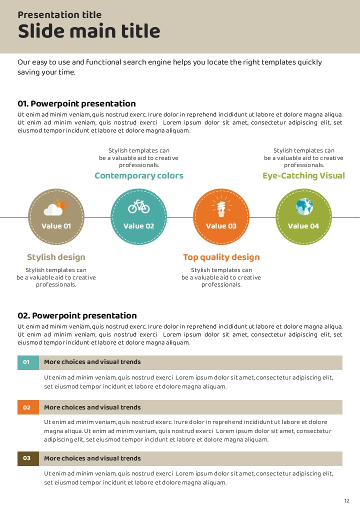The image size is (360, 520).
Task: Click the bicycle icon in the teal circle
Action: (x=138, y=206)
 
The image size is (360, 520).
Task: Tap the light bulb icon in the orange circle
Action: (x=221, y=206)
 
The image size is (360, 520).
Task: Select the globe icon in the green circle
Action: (x=304, y=206)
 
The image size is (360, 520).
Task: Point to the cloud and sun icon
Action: (x=56, y=207)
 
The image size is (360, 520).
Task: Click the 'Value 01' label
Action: (x=56, y=226)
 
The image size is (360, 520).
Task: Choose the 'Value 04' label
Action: (x=303, y=226)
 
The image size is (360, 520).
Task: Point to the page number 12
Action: (x=346, y=501)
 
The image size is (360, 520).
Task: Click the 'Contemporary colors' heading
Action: (x=139, y=175)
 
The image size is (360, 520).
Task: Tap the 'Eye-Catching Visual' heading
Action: (x=303, y=175)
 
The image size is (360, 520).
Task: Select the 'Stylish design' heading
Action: (x=56, y=257)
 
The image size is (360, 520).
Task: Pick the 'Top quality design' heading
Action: (x=221, y=257)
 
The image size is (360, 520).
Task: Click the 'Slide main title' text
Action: (x=89, y=31)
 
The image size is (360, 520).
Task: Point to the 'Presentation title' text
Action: (x=59, y=14)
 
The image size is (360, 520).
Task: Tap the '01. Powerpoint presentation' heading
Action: (x=76, y=103)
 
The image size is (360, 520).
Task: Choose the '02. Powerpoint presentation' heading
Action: (x=77, y=315)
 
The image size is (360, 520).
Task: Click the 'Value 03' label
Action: (x=221, y=226)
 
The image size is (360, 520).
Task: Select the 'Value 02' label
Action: (x=138, y=226)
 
